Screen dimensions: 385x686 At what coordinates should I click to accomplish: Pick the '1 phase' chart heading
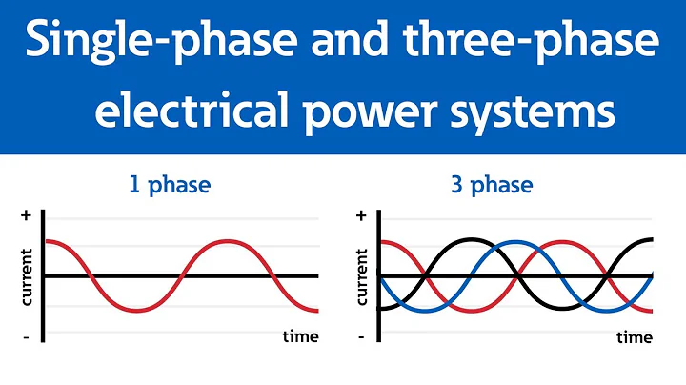pos(169,184)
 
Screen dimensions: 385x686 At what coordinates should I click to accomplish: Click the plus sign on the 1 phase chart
pos(26,216)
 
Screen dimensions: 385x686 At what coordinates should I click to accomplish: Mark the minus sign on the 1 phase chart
pos(26,336)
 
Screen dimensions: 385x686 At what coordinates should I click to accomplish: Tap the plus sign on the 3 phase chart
pos(361,216)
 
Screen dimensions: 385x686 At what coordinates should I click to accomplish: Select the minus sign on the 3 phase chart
pos(361,336)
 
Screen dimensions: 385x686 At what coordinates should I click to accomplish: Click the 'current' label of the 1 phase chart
pos(26,276)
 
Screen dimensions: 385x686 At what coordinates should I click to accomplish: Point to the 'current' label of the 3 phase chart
pos(361,276)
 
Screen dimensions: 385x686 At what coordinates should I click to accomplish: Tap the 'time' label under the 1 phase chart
pos(300,336)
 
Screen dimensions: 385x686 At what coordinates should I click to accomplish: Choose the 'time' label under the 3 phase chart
pos(635,337)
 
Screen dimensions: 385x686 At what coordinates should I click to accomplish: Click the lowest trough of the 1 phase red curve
pos(138,311)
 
